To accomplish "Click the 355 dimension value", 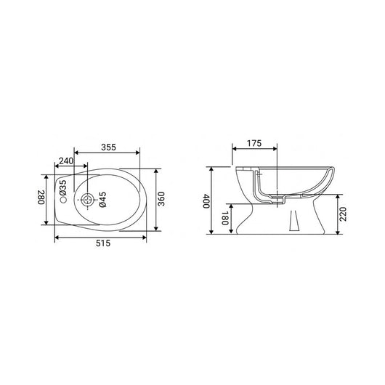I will click(x=108, y=147).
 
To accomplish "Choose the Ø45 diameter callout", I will click(x=102, y=201).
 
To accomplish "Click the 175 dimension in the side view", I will click(x=254, y=143).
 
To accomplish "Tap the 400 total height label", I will click(x=206, y=201).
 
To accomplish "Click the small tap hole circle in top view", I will click(x=63, y=198).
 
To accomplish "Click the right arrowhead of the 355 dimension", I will click(x=139, y=153).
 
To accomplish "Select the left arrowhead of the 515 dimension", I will click(x=55, y=238).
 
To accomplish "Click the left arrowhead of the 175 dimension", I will click(x=232, y=150).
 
